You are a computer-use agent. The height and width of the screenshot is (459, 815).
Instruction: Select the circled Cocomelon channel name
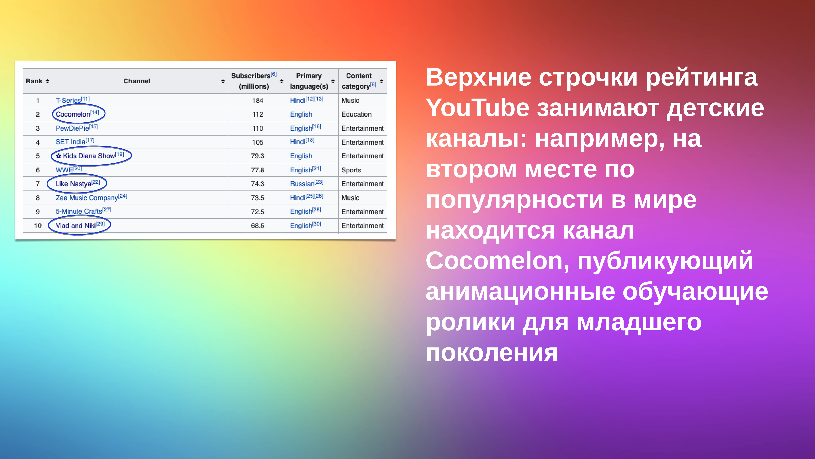coord(73,114)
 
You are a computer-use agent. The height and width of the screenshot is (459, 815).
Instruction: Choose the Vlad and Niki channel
coord(76,226)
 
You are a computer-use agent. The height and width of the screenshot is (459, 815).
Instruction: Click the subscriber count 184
coord(258,100)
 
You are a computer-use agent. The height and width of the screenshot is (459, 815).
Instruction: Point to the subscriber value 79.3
coord(258,156)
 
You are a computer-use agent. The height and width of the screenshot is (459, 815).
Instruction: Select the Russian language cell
coord(302,184)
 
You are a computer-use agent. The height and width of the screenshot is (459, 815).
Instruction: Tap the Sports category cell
coord(351,170)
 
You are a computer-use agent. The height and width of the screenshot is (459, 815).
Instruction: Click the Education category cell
coord(357,114)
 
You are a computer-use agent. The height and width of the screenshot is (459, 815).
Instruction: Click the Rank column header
coord(34,81)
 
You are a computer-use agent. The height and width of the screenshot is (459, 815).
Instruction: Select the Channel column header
coord(137,81)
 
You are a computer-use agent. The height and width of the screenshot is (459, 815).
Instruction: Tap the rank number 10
coord(38,226)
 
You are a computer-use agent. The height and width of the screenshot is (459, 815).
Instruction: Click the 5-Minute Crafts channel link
coord(79,212)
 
